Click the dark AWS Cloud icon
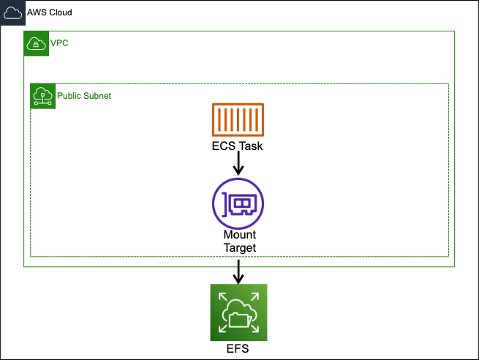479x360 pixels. click(x=12, y=13)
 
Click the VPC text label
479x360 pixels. click(x=59, y=44)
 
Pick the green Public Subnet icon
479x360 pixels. click(x=42, y=96)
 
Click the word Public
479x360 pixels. click(x=69, y=96)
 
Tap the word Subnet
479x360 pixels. click(x=97, y=96)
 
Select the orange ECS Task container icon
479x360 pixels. click(x=238, y=120)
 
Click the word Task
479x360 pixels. click(x=250, y=146)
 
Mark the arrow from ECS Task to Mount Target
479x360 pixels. click(x=238, y=165)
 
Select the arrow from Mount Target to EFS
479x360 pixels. click(x=238, y=271)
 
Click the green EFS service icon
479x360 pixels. click(x=238, y=312)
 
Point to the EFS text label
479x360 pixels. click(x=238, y=349)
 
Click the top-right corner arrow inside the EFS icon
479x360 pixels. click(x=257, y=294)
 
